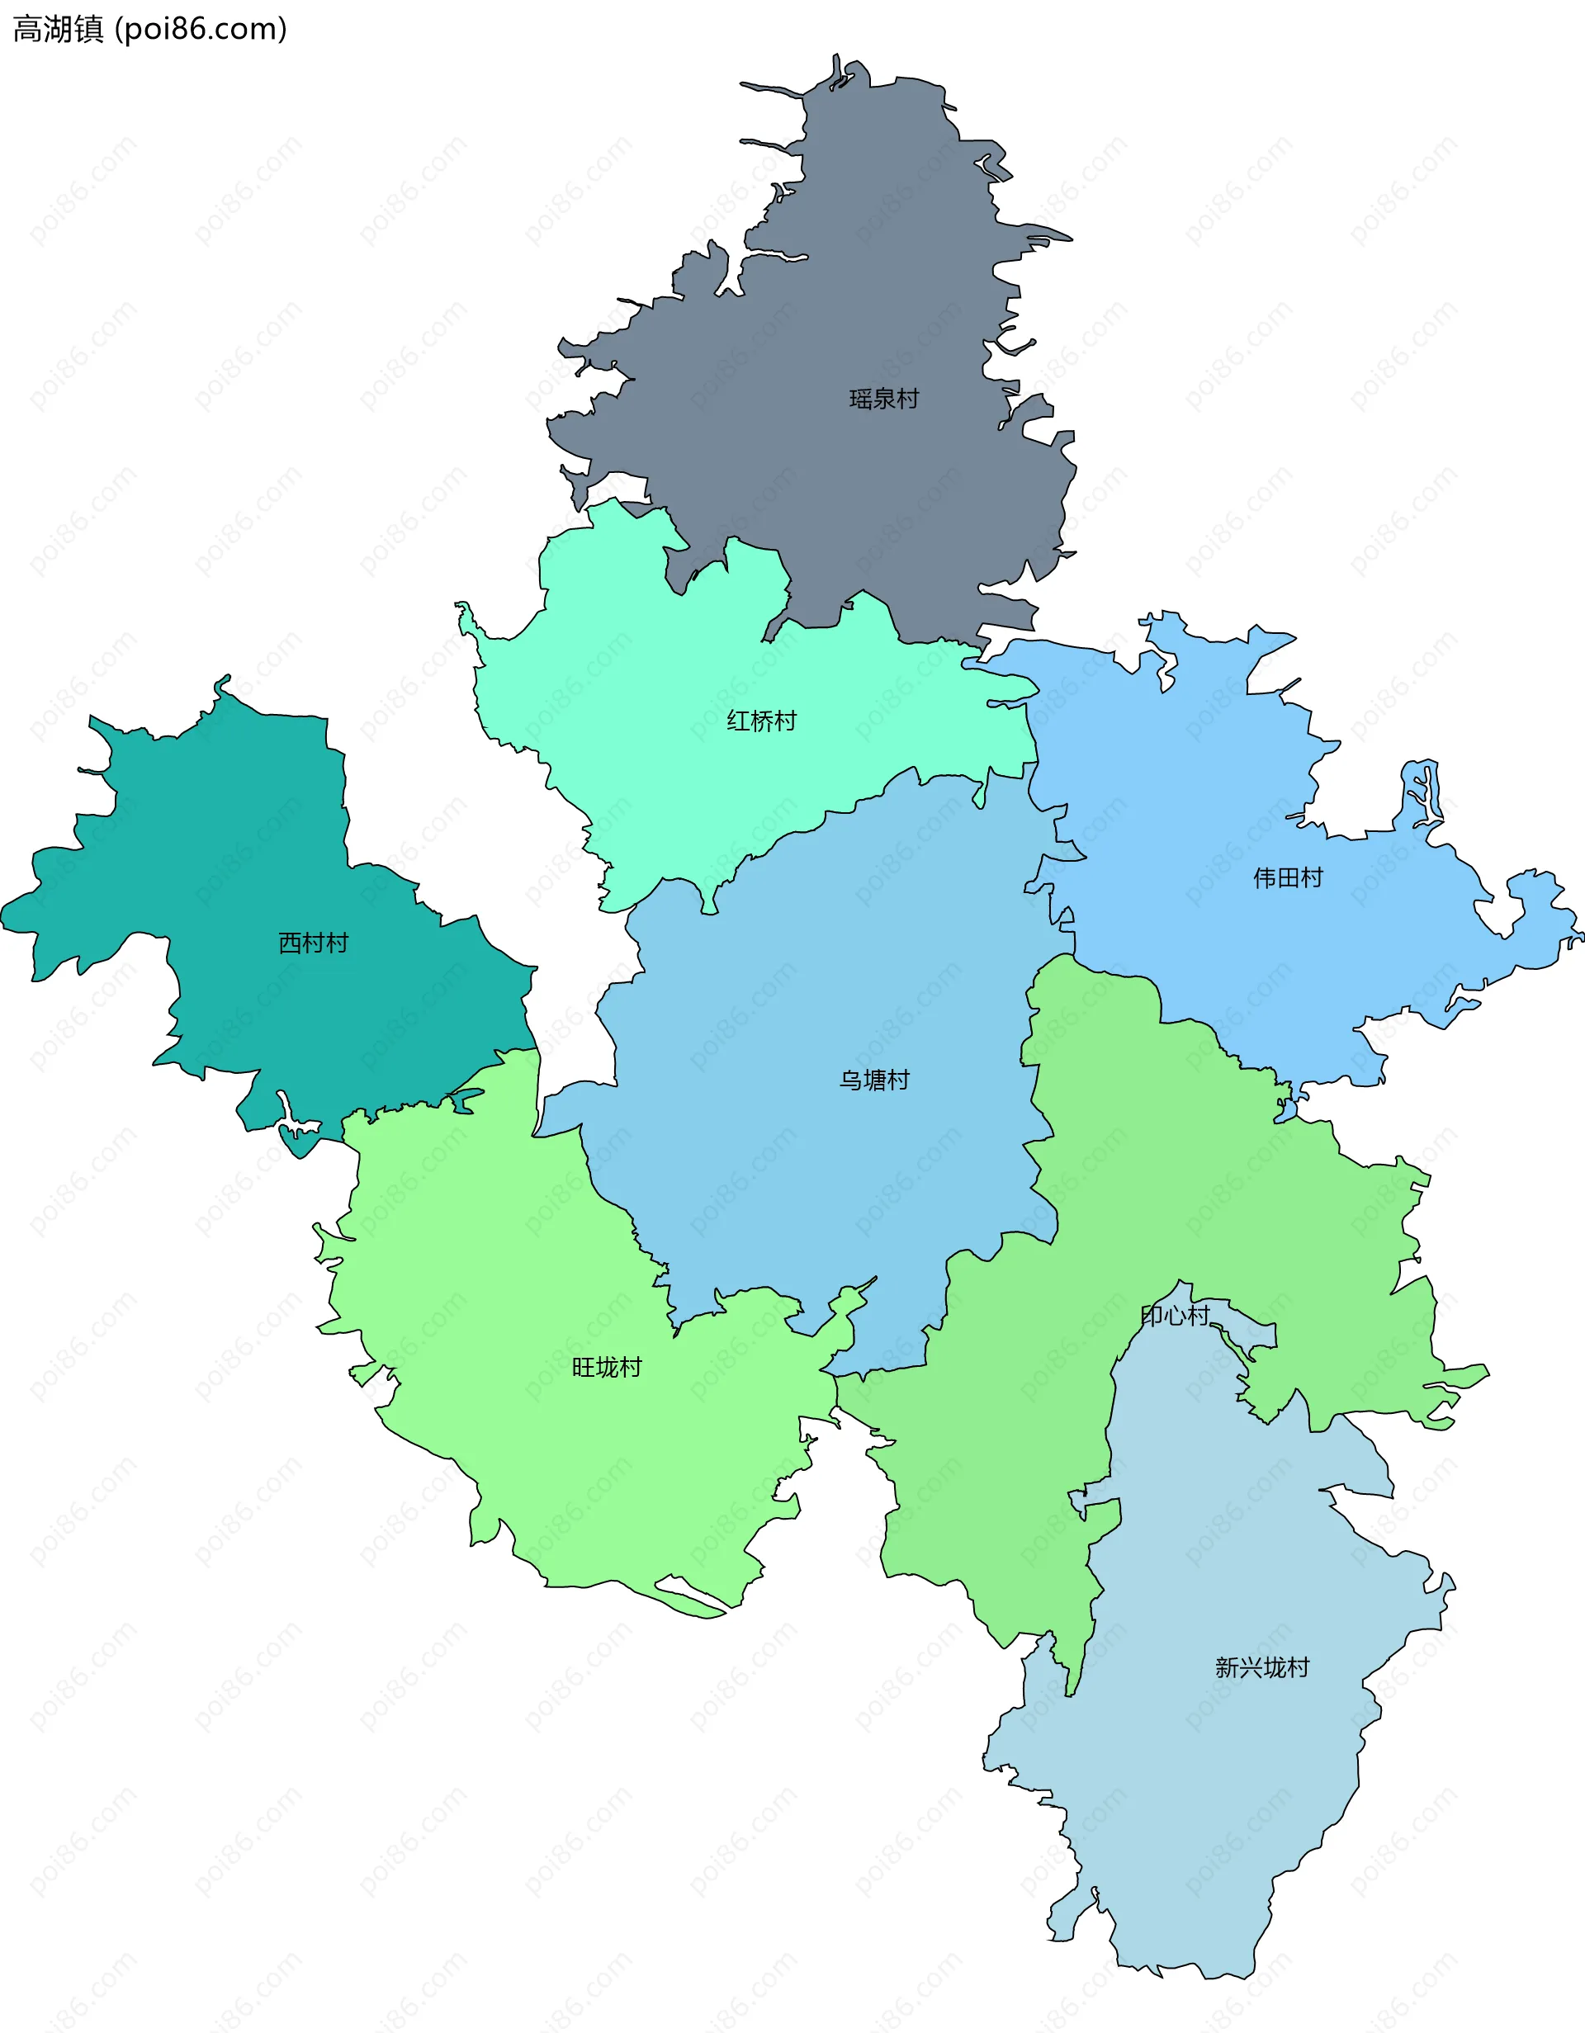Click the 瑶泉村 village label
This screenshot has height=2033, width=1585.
click(883, 400)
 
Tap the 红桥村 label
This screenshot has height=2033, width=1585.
click(761, 721)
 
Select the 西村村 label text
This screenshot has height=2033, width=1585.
click(313, 943)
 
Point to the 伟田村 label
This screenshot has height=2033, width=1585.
click(1287, 877)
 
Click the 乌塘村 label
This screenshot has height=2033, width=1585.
click(874, 1080)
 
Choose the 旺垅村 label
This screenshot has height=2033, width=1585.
click(607, 1368)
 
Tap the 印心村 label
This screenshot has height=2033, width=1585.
click(1175, 1316)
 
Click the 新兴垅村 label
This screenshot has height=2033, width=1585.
click(1262, 1667)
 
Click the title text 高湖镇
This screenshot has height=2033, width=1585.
click(58, 30)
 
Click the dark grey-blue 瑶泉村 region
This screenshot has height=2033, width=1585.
click(838, 279)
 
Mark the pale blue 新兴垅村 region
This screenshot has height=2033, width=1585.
click(1210, 1815)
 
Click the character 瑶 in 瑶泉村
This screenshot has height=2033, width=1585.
click(860, 400)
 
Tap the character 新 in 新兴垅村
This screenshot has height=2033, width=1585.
click(1227, 1667)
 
